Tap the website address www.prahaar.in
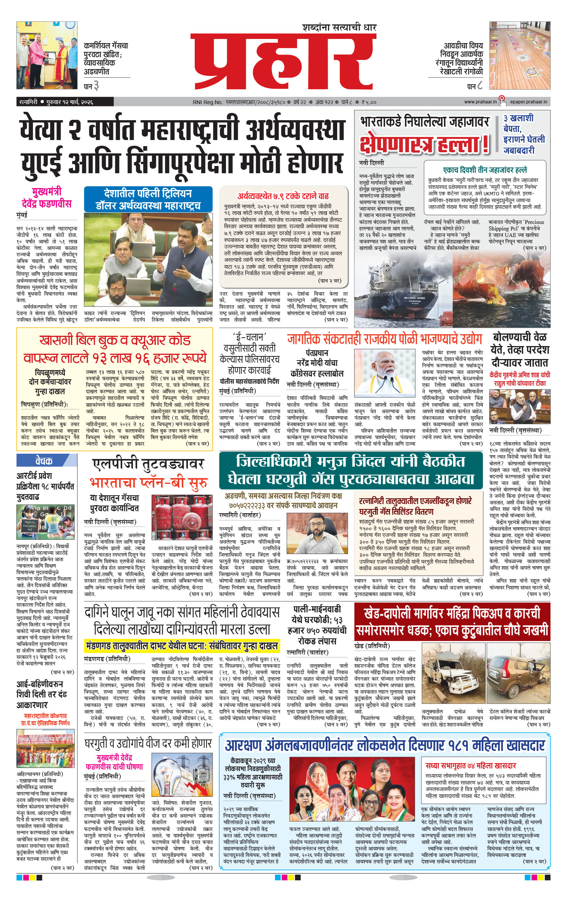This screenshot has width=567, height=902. (x=480, y=102)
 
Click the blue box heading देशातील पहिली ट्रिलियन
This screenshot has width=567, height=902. (x=148, y=199)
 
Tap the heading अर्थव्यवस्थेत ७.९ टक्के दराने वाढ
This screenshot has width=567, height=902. (x=283, y=196)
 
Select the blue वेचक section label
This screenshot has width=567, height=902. (x=44, y=461)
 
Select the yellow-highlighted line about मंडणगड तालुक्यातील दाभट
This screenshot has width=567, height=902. (x=182, y=646)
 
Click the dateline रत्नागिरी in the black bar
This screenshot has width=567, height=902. (x=29, y=102)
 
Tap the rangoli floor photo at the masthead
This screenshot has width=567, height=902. (x=520, y=55)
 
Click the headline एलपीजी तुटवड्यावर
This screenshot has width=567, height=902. (x=149, y=464)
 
